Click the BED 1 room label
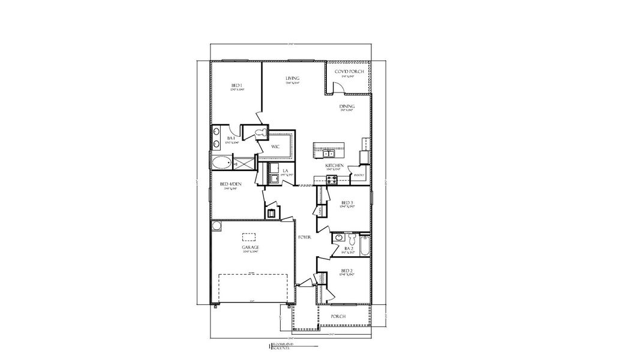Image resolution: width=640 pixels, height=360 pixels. (x=236, y=86)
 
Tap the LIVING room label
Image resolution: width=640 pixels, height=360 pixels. (x=293, y=79)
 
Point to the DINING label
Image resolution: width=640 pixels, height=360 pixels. (x=347, y=106)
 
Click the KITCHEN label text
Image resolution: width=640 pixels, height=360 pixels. (x=333, y=165)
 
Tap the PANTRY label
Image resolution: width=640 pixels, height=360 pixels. (x=359, y=175)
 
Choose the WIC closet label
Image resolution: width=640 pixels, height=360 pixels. (x=276, y=146)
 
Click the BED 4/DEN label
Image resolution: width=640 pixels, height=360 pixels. (x=231, y=184)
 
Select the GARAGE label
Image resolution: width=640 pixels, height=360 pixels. (x=251, y=247)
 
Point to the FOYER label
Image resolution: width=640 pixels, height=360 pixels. (x=305, y=238)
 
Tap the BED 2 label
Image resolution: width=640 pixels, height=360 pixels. (x=347, y=271)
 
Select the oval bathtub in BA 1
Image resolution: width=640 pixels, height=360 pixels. (x=221, y=163)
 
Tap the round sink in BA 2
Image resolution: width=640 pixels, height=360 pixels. (x=339, y=238)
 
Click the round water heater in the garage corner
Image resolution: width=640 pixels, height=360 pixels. (x=217, y=227)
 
